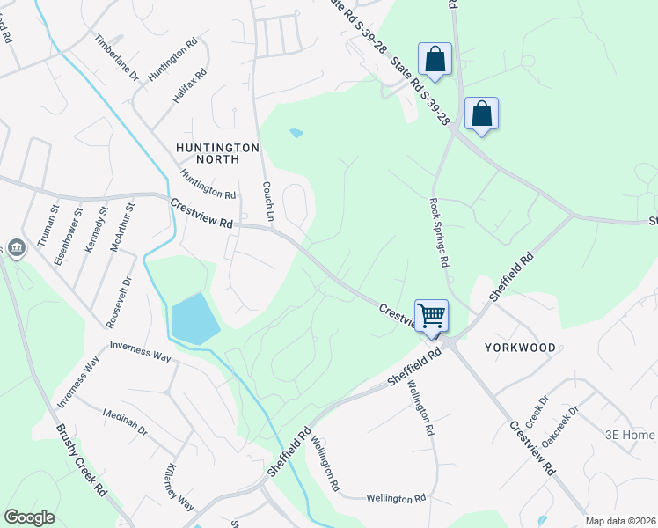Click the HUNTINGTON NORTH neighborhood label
217,153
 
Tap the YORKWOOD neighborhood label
520,348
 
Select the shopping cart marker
431,316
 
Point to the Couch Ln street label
268,202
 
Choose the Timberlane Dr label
117,58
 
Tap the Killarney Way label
179,487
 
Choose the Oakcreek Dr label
560,423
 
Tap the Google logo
29,517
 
